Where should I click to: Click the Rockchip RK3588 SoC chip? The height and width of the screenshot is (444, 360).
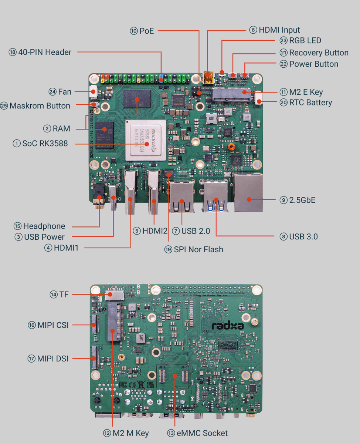point(145,140)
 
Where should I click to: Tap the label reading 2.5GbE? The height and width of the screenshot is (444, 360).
point(302,200)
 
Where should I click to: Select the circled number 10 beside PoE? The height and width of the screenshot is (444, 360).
point(133,31)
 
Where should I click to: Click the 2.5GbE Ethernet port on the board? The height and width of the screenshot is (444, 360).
point(248,193)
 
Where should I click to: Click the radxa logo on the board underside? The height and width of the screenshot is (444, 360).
point(228,326)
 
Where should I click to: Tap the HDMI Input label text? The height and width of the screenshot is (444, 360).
point(279,30)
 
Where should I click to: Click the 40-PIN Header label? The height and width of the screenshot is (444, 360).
point(45,52)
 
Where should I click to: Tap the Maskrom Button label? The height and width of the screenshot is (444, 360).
point(40,106)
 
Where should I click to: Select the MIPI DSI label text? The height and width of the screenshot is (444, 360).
point(52,359)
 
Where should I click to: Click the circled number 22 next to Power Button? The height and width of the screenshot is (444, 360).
point(283,64)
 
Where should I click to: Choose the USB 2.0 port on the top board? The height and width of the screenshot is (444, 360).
point(181,196)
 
